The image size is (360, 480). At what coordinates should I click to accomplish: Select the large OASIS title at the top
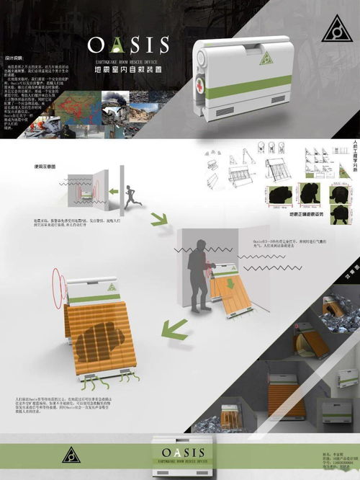(129, 45)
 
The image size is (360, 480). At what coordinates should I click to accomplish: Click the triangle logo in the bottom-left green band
(71, 455)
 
